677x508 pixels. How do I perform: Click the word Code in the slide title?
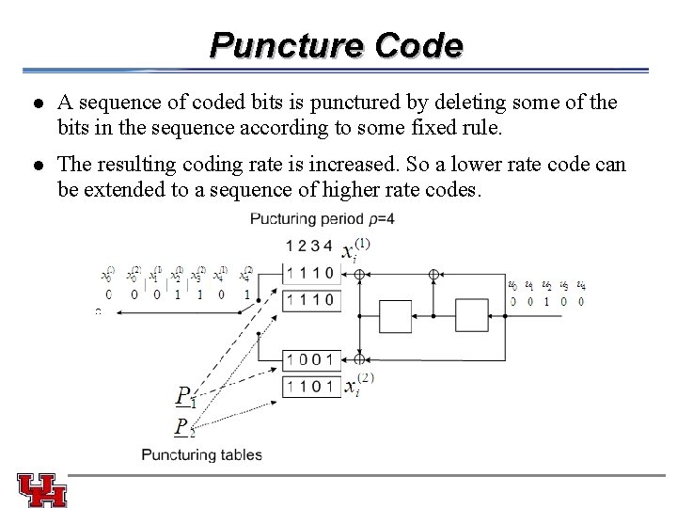[x=418, y=45]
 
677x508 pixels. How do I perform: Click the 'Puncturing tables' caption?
[x=202, y=455]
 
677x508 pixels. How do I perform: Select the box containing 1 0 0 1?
[x=311, y=359]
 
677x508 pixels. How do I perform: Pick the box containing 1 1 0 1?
[x=311, y=386]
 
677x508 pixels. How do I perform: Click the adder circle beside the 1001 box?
[x=359, y=358]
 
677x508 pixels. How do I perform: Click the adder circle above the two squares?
[x=433, y=275]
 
